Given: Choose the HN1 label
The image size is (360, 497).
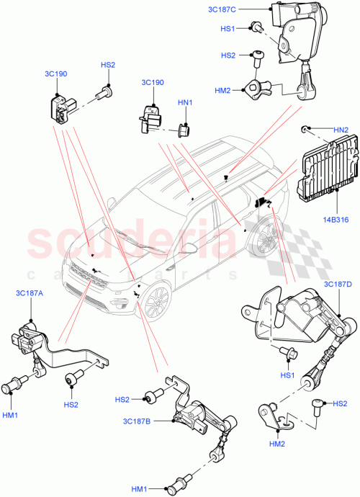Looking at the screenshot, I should point(185,103).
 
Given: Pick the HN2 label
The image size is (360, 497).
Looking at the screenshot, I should point(340,129).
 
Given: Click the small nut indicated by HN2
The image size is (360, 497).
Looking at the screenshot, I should point(305,129).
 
